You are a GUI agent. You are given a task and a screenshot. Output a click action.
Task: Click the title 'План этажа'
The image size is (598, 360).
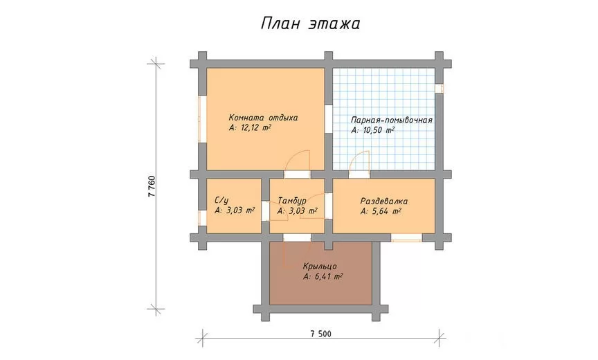(311, 24)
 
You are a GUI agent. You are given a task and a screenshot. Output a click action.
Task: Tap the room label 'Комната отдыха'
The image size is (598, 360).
(263, 118)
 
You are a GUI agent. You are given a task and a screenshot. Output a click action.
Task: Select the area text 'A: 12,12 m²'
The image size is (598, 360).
(250, 128)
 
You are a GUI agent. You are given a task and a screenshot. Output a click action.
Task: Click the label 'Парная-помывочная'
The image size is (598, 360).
(392, 120)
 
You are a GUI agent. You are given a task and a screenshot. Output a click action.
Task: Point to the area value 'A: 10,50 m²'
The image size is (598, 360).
(372, 130)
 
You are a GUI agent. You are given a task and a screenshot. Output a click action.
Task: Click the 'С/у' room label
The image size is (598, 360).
(221, 201)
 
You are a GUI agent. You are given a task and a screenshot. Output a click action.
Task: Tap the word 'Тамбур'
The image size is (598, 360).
(292, 201)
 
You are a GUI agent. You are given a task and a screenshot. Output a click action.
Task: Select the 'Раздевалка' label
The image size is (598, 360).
(384, 201)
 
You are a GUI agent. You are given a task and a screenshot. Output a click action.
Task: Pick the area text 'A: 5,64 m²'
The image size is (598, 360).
(381, 211)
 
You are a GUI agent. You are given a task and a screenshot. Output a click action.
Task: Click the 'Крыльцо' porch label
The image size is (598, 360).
(320, 266)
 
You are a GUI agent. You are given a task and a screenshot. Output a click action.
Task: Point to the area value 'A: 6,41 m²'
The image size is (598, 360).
(323, 277)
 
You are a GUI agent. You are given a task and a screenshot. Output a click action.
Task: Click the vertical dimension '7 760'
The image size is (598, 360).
(152, 186)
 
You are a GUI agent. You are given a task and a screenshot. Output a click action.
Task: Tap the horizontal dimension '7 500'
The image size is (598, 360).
(320, 334)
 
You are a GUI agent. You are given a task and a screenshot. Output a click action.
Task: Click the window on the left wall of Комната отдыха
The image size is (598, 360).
(202, 119)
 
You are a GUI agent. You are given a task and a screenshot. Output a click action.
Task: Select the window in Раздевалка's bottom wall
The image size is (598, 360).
(406, 237)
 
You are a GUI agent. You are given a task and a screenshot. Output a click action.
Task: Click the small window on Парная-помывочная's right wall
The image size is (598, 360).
(440, 88)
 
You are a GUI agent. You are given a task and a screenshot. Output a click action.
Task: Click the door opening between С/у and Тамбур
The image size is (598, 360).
(266, 211)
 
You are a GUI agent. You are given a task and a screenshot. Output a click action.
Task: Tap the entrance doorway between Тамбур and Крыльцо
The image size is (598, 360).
(297, 237)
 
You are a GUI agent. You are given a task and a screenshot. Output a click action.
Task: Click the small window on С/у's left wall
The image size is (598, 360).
(202, 217)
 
